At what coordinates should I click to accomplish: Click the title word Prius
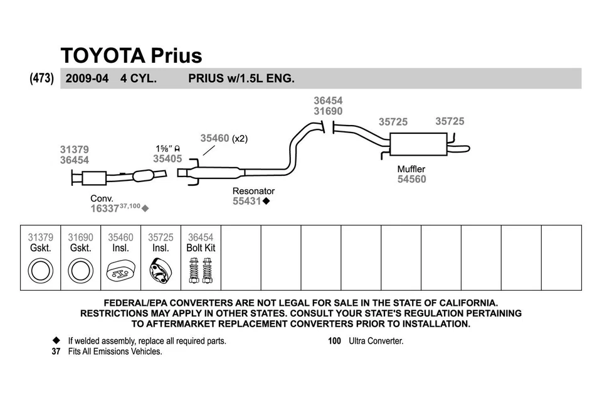(x=176, y=55)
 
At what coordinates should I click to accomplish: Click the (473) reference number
(x=41, y=79)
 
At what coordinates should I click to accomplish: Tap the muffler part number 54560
(x=411, y=180)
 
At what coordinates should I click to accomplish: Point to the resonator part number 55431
(x=247, y=202)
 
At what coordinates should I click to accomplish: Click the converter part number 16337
(x=104, y=209)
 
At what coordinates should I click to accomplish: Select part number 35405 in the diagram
(x=167, y=159)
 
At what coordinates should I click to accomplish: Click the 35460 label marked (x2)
(x=215, y=138)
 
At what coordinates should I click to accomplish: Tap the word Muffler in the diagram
(x=411, y=169)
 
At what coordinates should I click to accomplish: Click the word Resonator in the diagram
(x=253, y=191)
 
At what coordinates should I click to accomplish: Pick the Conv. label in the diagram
(x=102, y=198)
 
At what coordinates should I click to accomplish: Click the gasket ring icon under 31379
(x=41, y=271)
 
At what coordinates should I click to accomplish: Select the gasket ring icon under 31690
(x=80, y=271)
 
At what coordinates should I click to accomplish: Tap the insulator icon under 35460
(x=120, y=272)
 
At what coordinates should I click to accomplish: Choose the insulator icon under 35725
(x=160, y=271)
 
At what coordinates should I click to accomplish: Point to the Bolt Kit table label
(x=201, y=248)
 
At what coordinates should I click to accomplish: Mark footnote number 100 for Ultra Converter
(x=334, y=341)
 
